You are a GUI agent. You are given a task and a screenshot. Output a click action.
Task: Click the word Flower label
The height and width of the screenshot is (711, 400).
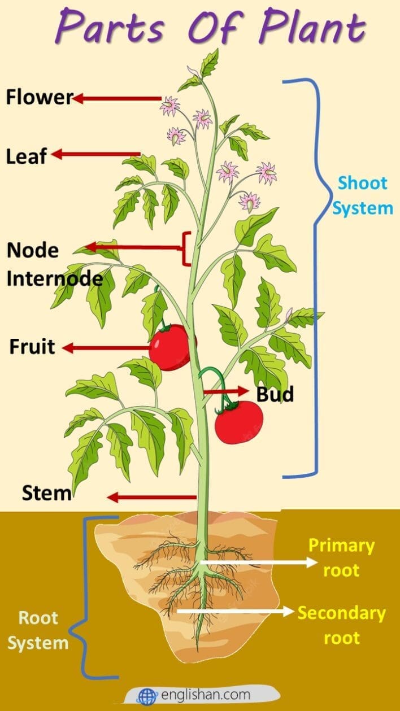(39, 98)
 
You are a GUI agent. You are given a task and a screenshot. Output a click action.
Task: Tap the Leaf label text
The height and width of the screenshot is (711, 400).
(26, 156)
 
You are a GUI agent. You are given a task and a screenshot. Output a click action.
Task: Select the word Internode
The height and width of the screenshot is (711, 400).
(55, 278)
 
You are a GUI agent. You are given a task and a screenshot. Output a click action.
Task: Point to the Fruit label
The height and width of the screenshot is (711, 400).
(32, 347)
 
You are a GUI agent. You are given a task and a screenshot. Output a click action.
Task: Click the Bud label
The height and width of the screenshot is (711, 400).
(275, 394)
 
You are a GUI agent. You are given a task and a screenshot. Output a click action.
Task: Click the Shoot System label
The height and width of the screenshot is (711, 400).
(362, 195)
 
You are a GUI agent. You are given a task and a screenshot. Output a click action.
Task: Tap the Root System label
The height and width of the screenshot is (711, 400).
(38, 630)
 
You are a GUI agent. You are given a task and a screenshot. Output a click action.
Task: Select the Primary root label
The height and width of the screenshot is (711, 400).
(341, 557)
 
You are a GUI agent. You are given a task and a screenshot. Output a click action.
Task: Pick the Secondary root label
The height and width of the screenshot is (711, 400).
(341, 625)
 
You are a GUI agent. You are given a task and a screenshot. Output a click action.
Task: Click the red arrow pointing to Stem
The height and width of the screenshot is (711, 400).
(151, 498)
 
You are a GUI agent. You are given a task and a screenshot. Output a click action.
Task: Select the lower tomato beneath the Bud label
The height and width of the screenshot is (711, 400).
(238, 422)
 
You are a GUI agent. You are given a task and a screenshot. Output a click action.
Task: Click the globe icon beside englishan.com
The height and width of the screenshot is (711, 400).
(147, 696)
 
